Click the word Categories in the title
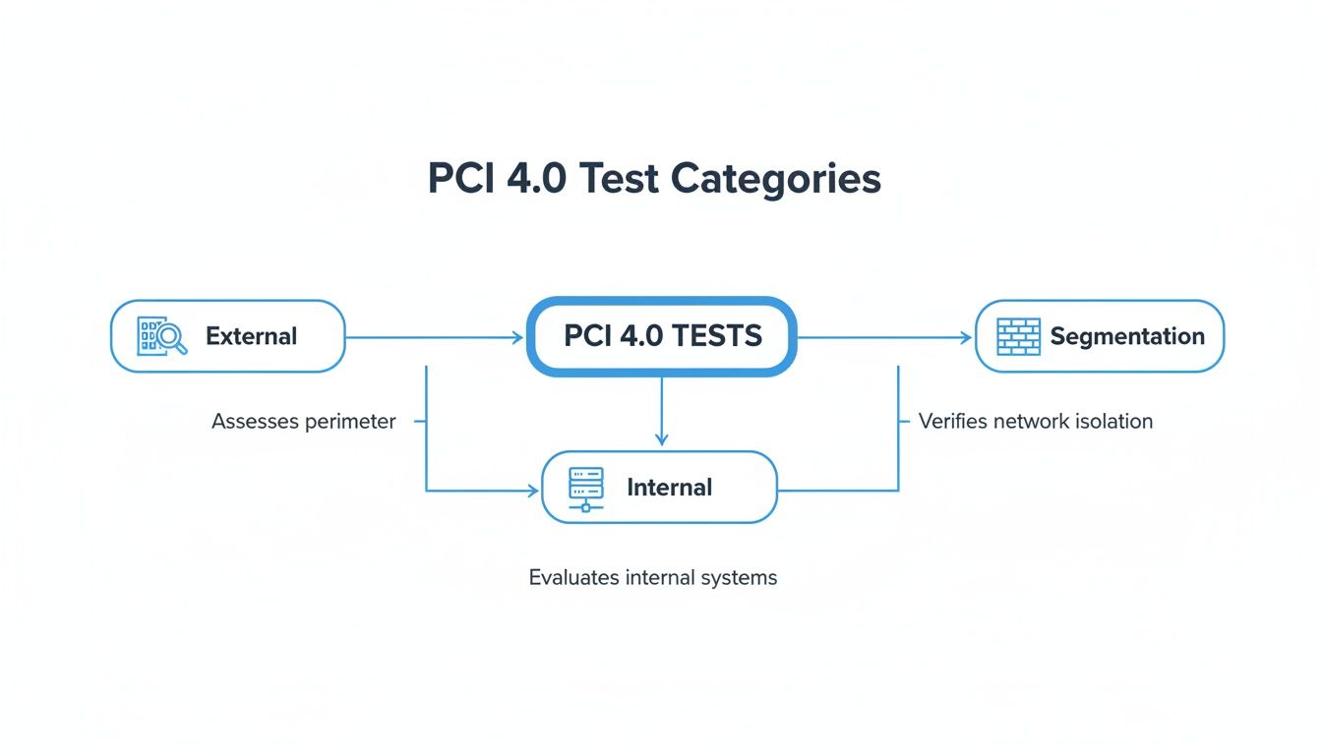pyautogui.click(x=776, y=179)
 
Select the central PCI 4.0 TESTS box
pyautogui.click(x=661, y=336)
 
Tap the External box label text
pyautogui.click(x=251, y=336)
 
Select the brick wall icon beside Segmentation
pyautogui.click(x=1018, y=336)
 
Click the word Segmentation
pyautogui.click(x=1126, y=336)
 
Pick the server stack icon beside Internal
pyautogui.click(x=586, y=488)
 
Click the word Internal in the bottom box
pyautogui.click(x=669, y=488)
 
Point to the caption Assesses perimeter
pyautogui.click(x=303, y=422)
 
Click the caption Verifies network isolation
pyautogui.click(x=1035, y=422)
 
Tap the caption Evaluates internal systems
pyautogui.click(x=652, y=578)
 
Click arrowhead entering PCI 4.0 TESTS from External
pyautogui.click(x=517, y=337)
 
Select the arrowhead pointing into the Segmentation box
pyautogui.click(x=966, y=337)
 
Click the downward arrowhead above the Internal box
pyautogui.click(x=661, y=439)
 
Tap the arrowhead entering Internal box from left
pyautogui.click(x=533, y=490)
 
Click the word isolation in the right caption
pyautogui.click(x=1114, y=422)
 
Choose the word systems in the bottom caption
pyautogui.click(x=742, y=578)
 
